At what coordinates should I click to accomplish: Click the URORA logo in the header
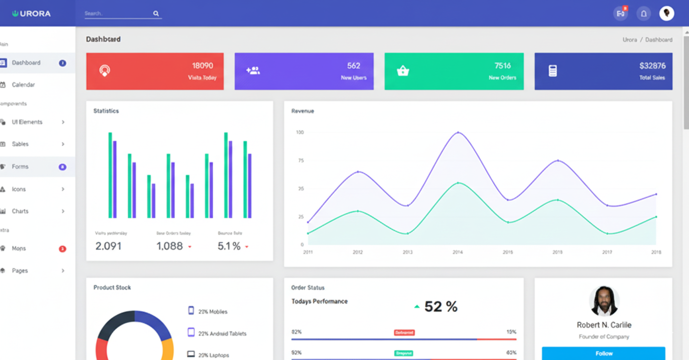(32, 14)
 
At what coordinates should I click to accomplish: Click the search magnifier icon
(156, 14)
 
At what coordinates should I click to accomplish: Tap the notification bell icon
(643, 14)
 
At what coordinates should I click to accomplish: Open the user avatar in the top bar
(666, 13)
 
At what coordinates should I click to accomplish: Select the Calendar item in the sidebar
(23, 85)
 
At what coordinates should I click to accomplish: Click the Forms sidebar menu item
(20, 167)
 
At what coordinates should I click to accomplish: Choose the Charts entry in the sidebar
(20, 211)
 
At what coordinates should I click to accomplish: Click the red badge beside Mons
(63, 249)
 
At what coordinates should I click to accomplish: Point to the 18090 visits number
(202, 66)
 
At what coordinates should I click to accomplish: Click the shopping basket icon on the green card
(403, 71)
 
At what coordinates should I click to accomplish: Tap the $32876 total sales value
(652, 66)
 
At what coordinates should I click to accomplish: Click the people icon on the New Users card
(253, 71)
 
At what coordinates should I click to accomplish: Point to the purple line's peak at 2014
(458, 133)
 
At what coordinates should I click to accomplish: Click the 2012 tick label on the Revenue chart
(358, 252)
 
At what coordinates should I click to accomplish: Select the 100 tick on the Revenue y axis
(299, 133)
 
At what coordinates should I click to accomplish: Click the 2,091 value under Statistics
(108, 246)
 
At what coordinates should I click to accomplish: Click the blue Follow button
(603, 353)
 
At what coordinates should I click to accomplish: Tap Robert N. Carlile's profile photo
(604, 301)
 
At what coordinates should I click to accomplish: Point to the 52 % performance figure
(440, 307)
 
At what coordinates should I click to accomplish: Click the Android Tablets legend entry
(222, 334)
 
